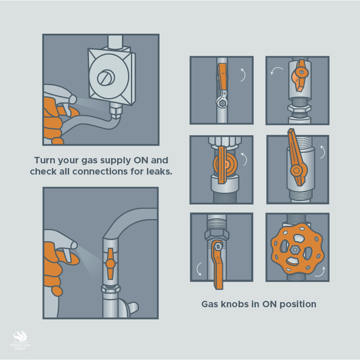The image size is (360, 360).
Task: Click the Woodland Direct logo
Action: pos(20,340)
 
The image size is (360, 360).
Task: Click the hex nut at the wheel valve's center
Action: pos(294,250)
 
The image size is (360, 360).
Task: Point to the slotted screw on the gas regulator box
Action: pos(106,77)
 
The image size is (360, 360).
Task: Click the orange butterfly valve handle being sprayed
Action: pos(111,263)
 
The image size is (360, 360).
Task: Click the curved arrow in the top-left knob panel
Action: pos(244,75)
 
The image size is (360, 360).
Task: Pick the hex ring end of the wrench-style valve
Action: pos(222,103)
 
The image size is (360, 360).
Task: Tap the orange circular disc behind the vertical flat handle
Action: pos(225,164)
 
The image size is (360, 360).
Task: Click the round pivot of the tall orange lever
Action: pos(296,170)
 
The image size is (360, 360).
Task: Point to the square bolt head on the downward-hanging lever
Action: pos(217,247)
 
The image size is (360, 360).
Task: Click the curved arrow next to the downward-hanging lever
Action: pos(198,269)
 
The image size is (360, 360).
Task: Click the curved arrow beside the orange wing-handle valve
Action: pos(276,70)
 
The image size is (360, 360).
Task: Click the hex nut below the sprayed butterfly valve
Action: pos(111,289)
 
